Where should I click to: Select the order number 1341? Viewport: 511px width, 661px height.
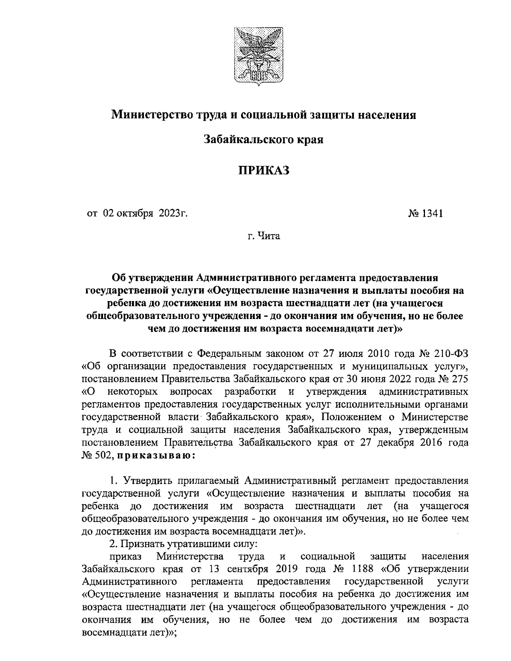pos(432,213)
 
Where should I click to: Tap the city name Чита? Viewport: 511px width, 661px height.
pos(269,235)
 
